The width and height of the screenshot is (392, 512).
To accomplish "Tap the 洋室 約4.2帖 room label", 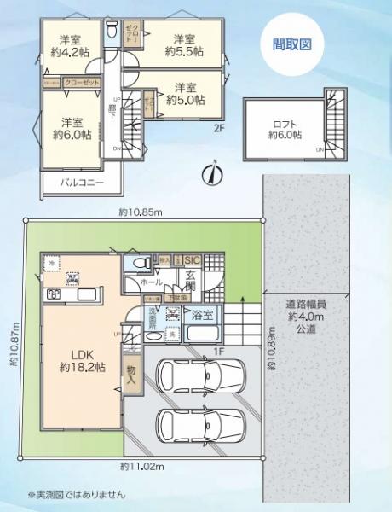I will pos(68,46).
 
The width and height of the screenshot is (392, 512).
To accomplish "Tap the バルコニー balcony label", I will pos(82,183).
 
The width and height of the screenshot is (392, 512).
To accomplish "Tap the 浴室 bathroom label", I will pos(202,313).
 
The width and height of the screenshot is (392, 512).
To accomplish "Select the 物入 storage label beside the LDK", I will pos(132,375).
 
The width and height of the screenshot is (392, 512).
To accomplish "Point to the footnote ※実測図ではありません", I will pos(77,494).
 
